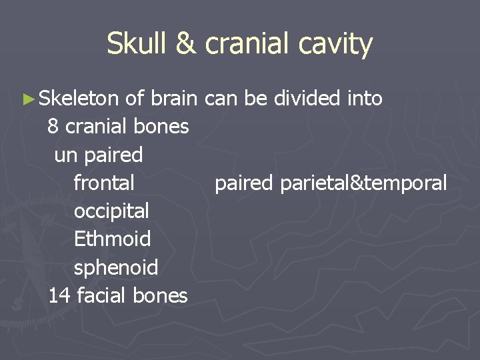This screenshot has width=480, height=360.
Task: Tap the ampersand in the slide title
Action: pos(186,45)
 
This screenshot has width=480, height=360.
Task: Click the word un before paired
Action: pos(65,155)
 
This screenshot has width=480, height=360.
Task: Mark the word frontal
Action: pos(104,183)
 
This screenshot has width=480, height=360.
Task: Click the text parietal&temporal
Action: pos(363,183)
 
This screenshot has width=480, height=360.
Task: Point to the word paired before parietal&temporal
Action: pos(245,183)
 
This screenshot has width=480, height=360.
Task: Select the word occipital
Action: pos(111,211)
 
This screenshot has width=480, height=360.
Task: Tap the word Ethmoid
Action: pos(112,239)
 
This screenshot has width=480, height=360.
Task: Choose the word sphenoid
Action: pos(116,267)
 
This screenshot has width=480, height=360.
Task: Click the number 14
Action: pos(59,295)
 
